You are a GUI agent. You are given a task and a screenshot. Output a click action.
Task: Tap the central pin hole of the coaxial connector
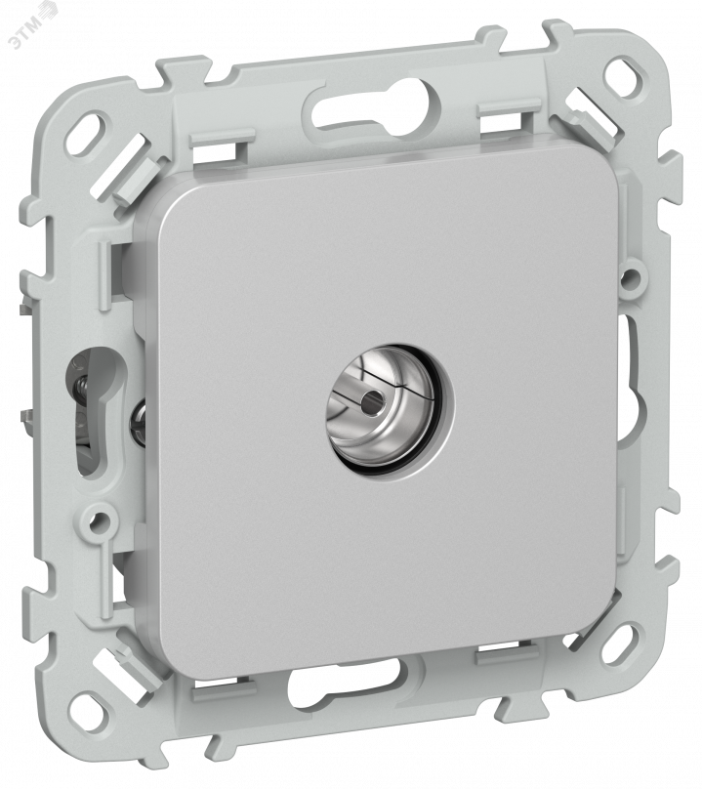(374, 403)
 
